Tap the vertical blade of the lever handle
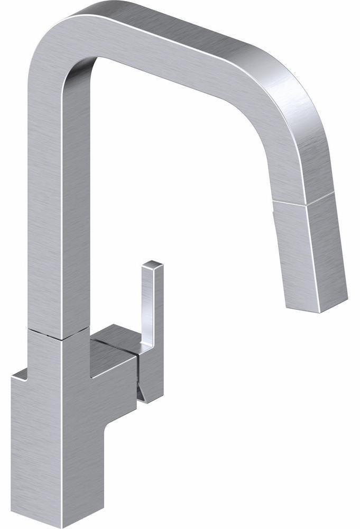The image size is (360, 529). tap(149, 307)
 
